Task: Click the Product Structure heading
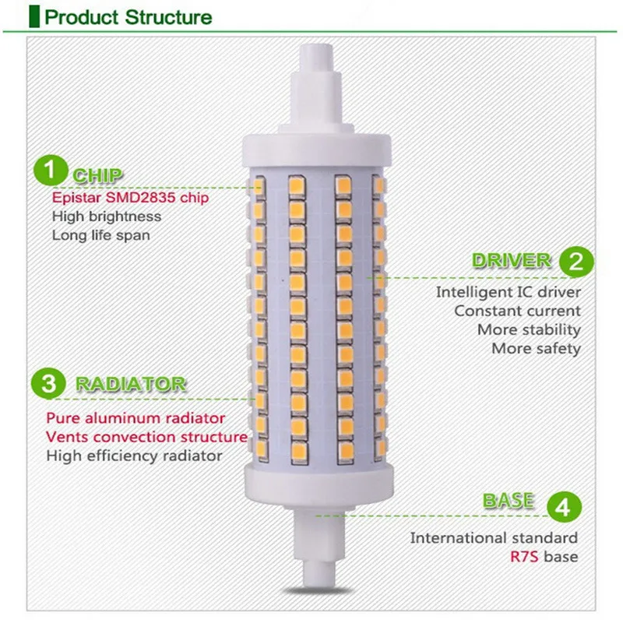(x=128, y=16)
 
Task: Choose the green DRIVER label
(x=512, y=261)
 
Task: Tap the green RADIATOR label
(x=131, y=384)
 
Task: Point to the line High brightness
(x=107, y=216)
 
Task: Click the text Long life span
(x=101, y=234)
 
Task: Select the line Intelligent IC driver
(x=508, y=293)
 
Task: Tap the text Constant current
(x=518, y=311)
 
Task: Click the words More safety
(x=536, y=348)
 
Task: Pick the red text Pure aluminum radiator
(x=136, y=419)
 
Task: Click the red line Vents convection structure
(x=146, y=437)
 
